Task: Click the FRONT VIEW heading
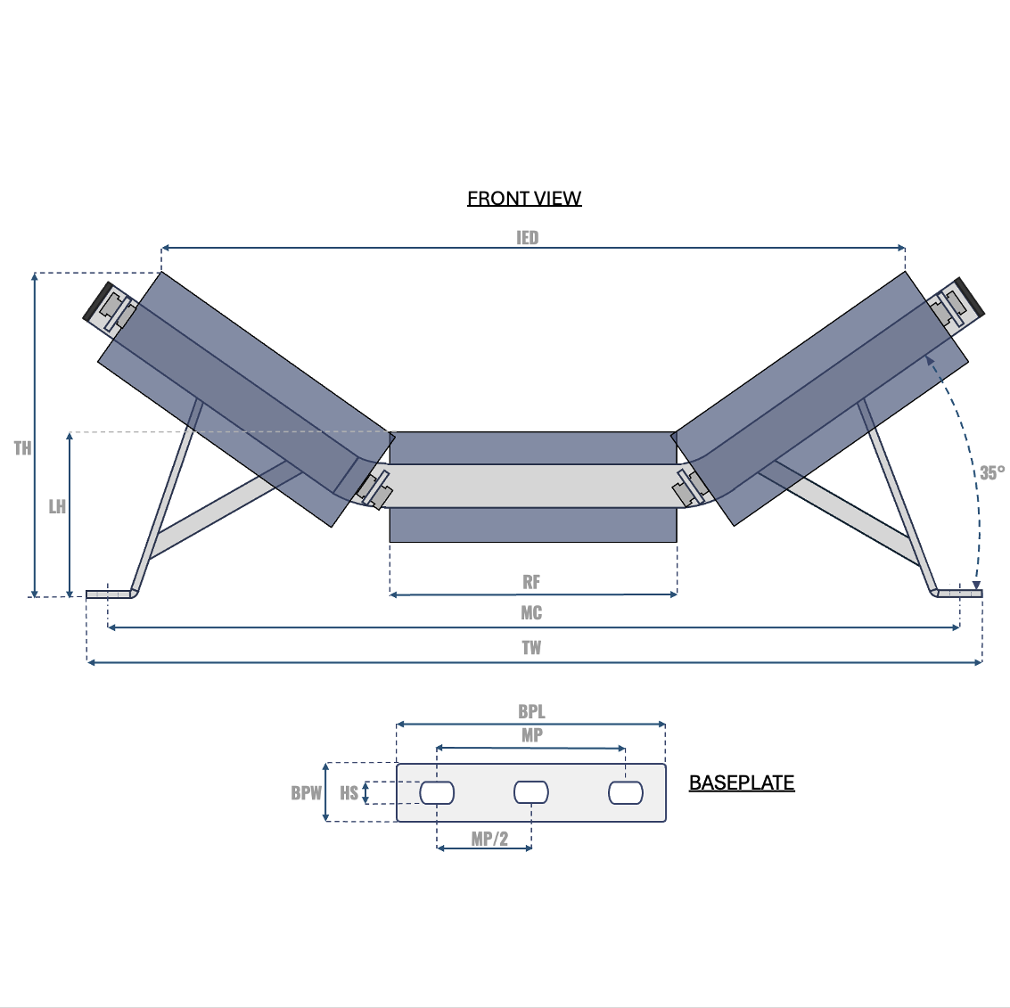click(524, 199)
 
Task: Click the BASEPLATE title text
click(742, 783)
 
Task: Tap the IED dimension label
click(527, 238)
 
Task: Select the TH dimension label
click(22, 448)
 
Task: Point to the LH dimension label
click(57, 507)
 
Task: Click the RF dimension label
click(531, 582)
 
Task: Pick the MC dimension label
click(531, 613)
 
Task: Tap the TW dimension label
click(531, 648)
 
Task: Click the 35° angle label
click(992, 473)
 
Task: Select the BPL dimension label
click(531, 712)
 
